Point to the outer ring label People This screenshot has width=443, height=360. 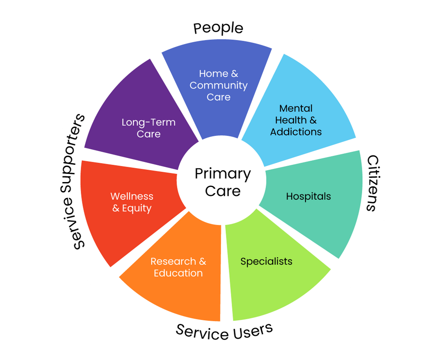pos(218,29)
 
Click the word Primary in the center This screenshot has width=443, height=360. pos(222,174)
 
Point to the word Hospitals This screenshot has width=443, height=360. pos(308,196)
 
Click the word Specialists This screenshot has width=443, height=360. pos(266,261)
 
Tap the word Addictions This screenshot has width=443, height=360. pos(296,132)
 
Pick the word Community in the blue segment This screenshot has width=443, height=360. pos(219,86)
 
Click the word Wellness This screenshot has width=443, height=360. pos(132,196)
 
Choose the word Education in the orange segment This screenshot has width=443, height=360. pos(178,273)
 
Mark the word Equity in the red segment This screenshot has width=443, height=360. pos(137,208)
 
